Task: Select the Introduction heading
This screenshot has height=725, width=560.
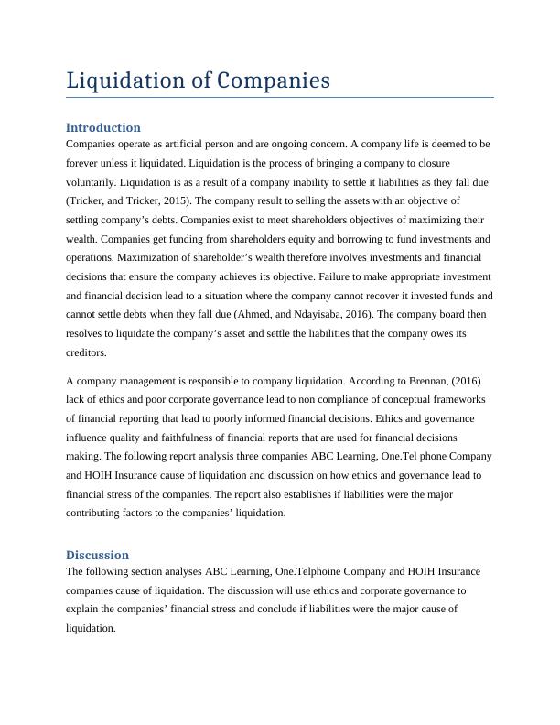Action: coord(102,127)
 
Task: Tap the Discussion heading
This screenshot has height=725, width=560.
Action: coord(97,555)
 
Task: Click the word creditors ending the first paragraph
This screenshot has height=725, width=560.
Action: coord(87,352)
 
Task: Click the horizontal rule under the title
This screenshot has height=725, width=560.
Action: coord(280,96)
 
